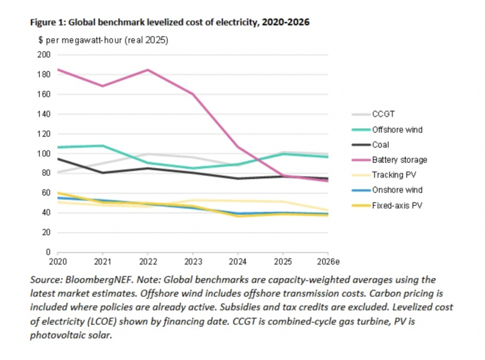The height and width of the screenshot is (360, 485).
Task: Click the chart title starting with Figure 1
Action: [170, 22]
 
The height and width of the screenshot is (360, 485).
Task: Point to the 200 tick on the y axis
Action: [44, 55]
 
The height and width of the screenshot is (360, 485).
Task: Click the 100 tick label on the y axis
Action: [44, 153]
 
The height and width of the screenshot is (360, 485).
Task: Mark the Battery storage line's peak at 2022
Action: [148, 70]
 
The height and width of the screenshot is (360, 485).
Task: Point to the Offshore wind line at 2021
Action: [103, 146]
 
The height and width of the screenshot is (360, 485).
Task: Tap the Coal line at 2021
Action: [103, 173]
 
